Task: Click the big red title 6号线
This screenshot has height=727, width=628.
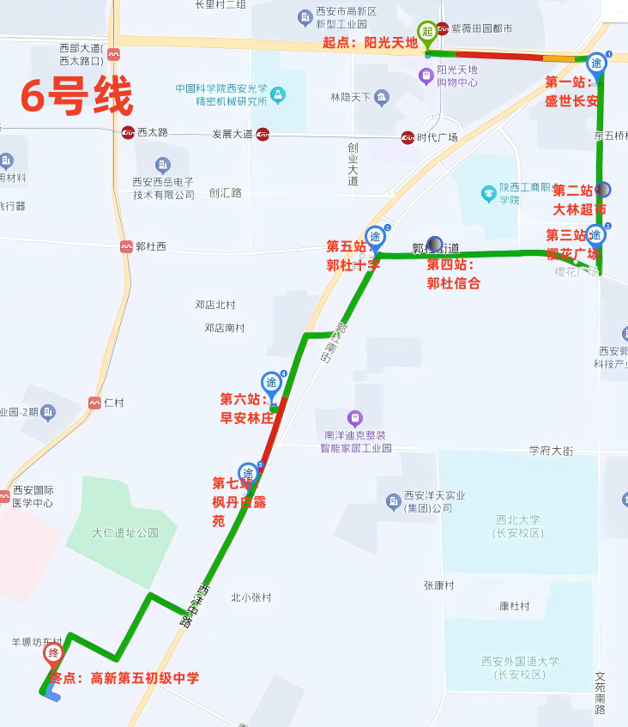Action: click(x=77, y=95)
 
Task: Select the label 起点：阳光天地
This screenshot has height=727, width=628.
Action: click(x=370, y=42)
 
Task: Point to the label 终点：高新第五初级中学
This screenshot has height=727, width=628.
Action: click(x=124, y=678)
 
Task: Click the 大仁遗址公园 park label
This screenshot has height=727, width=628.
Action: click(x=125, y=532)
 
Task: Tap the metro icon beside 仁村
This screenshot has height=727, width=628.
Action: click(x=94, y=403)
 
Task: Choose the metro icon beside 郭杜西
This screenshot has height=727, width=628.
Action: click(x=127, y=246)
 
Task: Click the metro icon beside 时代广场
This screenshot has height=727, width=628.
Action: click(x=408, y=137)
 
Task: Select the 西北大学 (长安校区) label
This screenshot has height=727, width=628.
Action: click(x=519, y=525)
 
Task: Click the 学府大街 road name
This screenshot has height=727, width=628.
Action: click(x=550, y=450)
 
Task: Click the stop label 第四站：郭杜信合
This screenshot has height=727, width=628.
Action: click(x=454, y=274)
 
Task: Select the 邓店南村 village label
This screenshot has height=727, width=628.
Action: click(x=225, y=328)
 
